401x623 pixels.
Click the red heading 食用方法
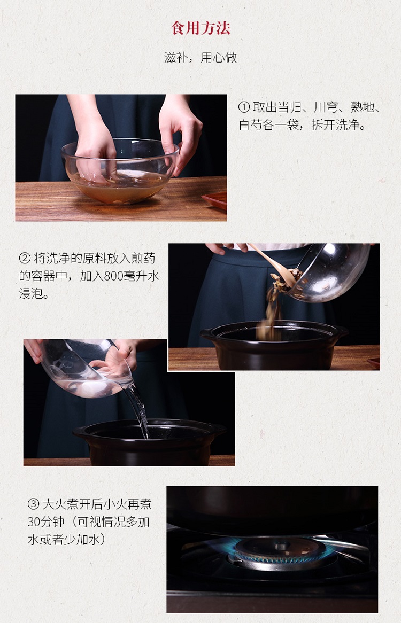200,28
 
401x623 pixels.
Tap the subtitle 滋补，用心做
200,58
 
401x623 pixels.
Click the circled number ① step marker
244,107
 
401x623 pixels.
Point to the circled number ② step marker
25,258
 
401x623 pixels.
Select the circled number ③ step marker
33,504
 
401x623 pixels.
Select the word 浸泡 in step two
30,294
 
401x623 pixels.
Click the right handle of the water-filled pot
219,429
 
